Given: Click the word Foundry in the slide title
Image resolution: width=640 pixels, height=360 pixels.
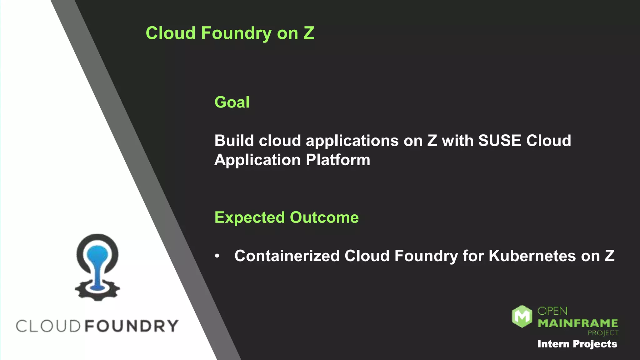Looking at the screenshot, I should [x=236, y=33].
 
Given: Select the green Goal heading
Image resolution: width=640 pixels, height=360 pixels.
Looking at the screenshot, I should [x=232, y=102].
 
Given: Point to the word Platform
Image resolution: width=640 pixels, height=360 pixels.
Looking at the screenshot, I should [x=338, y=160].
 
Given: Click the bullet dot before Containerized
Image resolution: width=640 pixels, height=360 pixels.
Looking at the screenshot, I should [x=217, y=256].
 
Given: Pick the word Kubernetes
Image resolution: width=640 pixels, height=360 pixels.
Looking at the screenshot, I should [x=532, y=256].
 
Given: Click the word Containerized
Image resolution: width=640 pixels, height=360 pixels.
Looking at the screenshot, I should [x=287, y=256].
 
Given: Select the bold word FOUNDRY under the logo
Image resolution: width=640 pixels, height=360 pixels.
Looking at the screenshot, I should [x=132, y=326].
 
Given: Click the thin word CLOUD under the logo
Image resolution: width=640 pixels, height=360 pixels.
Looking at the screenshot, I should [x=48, y=326].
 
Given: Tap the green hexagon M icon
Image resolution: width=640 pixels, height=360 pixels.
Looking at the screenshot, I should [x=522, y=316].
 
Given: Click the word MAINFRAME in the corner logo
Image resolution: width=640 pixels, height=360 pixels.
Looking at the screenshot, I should [x=578, y=323].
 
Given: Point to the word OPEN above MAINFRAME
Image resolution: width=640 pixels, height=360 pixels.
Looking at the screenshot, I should [x=552, y=311].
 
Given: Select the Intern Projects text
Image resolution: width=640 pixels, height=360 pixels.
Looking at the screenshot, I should [x=577, y=344].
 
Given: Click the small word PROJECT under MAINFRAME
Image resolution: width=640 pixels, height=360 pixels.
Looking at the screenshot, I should [x=603, y=333].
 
